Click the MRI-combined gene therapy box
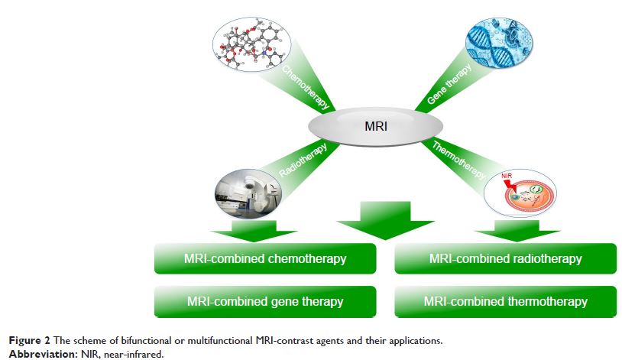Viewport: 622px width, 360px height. [264, 301]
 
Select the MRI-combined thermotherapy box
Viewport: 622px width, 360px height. [506, 301]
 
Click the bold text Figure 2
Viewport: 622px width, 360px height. [25, 338]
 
